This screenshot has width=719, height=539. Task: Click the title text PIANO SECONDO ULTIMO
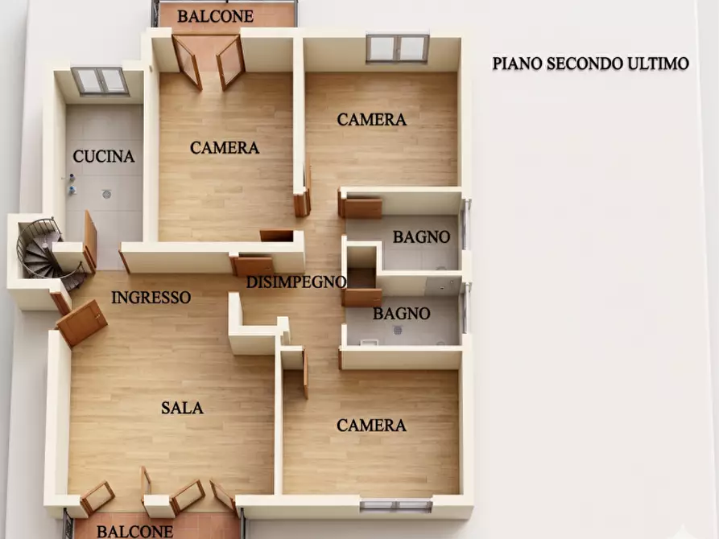coord(591,64)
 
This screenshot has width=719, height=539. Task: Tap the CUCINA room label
coord(104,156)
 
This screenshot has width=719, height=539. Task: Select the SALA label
coord(182,408)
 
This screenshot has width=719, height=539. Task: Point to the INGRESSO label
coord(151,298)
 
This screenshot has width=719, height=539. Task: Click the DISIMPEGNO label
coord(295,282)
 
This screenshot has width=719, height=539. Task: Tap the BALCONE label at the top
coord(215,17)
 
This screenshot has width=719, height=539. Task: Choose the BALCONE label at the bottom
coord(134,531)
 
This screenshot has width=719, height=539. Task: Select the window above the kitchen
coord(100,81)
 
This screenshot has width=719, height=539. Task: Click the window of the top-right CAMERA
coord(397,48)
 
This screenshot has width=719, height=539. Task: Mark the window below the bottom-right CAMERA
coord(396,505)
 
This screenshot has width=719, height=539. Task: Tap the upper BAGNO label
coord(421,237)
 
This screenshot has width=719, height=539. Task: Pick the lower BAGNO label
coord(401,314)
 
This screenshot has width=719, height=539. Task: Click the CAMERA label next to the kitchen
coord(225,147)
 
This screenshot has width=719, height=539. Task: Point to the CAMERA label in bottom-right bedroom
coord(371,426)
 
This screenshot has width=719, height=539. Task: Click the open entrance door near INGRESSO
coord(81,323)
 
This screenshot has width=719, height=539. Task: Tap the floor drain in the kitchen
coord(107,195)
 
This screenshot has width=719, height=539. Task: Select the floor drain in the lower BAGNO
coord(398,330)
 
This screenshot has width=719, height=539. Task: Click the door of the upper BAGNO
coord(362,208)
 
